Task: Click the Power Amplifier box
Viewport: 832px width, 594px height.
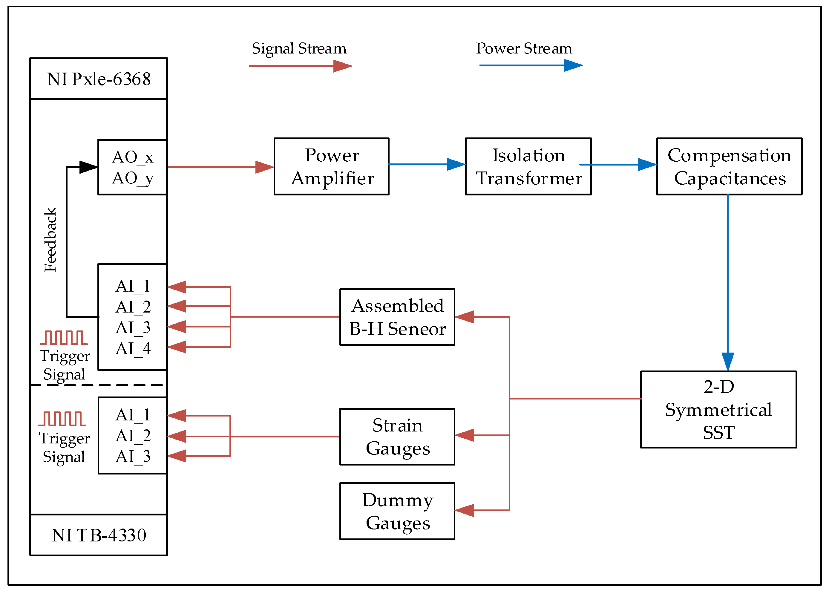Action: point(331,166)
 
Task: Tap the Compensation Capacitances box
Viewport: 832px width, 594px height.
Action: point(729,166)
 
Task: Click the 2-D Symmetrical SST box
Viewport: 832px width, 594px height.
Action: point(718,409)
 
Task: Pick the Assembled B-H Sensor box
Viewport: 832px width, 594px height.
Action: point(397,317)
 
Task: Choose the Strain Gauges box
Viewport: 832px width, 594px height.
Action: point(397,436)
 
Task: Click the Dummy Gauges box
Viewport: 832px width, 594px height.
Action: point(397,511)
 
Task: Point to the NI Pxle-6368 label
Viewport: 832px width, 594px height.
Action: point(99,79)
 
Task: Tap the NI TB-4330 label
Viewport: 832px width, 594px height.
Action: point(99,535)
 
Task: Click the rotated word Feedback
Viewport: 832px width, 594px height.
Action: point(50,240)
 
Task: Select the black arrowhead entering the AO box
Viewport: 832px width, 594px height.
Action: point(88,167)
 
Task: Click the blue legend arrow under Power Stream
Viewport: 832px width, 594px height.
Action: point(530,65)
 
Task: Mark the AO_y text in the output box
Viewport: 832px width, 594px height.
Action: point(132,178)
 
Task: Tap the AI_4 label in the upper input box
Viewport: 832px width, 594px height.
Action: point(133,348)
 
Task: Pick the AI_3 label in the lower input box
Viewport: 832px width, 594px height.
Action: point(133,456)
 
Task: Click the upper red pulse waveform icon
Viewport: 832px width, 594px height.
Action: point(64,338)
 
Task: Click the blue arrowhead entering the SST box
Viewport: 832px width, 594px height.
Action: point(727,361)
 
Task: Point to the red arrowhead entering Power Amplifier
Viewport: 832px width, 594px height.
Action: point(264,167)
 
